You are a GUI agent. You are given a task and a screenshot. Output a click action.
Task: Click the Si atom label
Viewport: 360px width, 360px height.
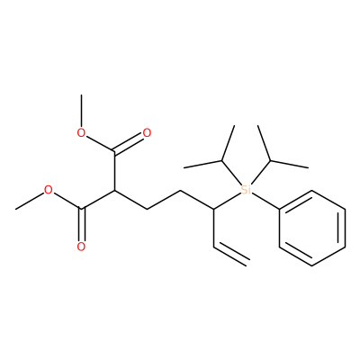246,190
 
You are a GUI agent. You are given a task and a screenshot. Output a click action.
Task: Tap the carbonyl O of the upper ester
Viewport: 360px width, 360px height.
147,133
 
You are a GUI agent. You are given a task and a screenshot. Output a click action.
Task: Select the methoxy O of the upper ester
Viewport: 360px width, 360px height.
81,133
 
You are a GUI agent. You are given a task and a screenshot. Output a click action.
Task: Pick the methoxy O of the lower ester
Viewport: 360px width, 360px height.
49,190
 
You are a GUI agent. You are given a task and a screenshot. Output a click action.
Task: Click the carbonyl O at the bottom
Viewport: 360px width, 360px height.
81,247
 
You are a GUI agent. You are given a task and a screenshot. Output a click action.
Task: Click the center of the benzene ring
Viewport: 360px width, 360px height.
312,228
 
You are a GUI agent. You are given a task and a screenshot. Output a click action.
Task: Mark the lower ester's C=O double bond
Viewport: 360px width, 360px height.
81,224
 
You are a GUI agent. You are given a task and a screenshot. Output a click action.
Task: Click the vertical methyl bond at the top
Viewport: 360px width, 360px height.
81,111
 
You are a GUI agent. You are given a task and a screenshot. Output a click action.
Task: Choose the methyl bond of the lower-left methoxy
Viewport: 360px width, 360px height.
30,201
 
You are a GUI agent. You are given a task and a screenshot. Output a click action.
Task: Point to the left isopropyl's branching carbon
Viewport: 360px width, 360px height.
221,161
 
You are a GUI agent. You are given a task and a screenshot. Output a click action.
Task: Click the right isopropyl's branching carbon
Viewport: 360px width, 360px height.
271,161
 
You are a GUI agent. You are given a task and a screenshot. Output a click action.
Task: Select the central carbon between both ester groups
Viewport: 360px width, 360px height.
114,190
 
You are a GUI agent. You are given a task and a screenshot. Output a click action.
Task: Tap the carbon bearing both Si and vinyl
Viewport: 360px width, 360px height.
213,209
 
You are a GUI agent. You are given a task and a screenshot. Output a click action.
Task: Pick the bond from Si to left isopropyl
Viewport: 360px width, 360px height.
231,173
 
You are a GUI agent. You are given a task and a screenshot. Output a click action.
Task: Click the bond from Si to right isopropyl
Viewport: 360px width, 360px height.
261,173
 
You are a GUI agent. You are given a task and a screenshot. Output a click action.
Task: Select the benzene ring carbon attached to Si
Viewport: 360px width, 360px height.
280,209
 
